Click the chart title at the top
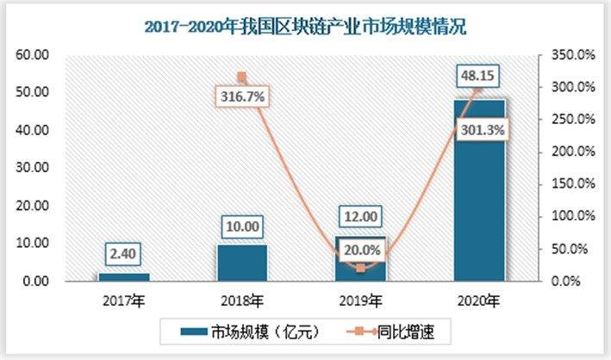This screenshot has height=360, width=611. pyautogui.click(x=305, y=26)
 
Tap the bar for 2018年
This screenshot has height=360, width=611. pyautogui.click(x=241, y=263)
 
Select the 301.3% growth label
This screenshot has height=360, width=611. pyautogui.click(x=480, y=130)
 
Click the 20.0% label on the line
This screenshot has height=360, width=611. pyautogui.click(x=361, y=251)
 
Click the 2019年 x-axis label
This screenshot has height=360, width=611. pyautogui.click(x=361, y=300)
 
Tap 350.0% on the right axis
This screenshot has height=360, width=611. pyautogui.click(x=572, y=54)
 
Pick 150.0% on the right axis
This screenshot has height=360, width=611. pyautogui.click(x=572, y=184)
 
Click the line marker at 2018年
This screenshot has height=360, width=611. pyautogui.click(x=241, y=77)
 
